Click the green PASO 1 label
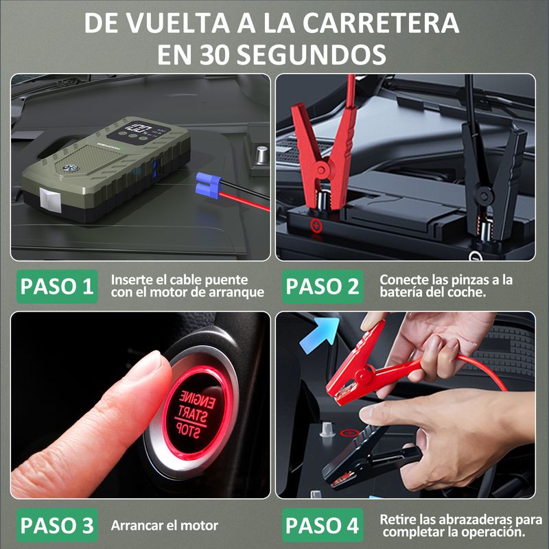point(57,286)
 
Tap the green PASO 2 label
point(323,286)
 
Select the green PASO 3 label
point(57,525)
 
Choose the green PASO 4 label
point(323,525)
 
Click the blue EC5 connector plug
point(208,185)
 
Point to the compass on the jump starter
point(70,168)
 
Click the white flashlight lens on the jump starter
point(49,200)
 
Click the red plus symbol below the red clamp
point(316,226)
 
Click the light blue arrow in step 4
point(320,334)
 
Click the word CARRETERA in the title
point(381,23)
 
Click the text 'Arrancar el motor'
point(164,526)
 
